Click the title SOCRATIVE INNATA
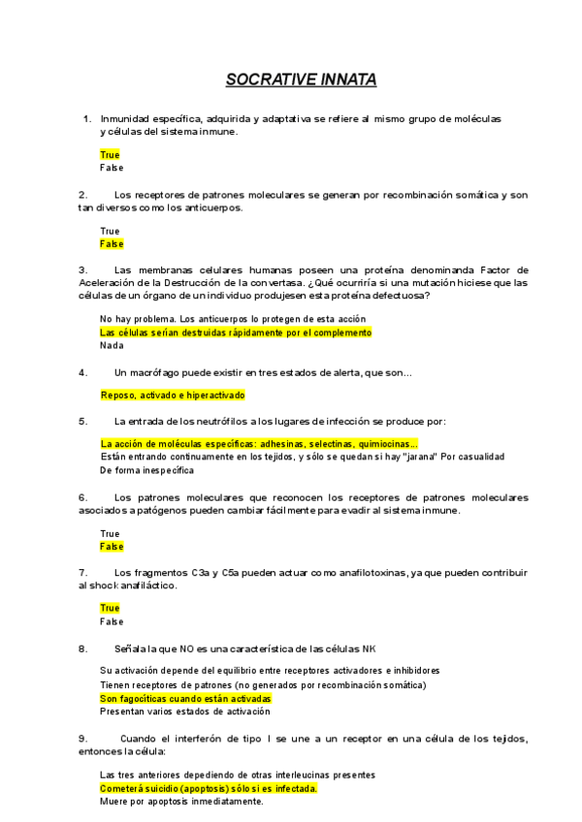(x=301, y=79)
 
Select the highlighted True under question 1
(x=110, y=155)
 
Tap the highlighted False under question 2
(x=112, y=244)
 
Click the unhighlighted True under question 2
(x=110, y=232)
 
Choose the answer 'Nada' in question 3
(x=113, y=345)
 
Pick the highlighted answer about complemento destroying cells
(x=236, y=332)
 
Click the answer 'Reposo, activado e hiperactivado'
(x=174, y=395)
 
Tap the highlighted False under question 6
(x=112, y=547)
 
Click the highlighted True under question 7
(x=110, y=609)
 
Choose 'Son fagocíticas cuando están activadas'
(x=186, y=698)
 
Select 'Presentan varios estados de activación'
(x=183, y=711)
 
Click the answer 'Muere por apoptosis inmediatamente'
(x=181, y=802)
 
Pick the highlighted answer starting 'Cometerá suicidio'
(x=209, y=789)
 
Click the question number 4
(x=83, y=371)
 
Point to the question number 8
(x=83, y=647)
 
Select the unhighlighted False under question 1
(x=112, y=168)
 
